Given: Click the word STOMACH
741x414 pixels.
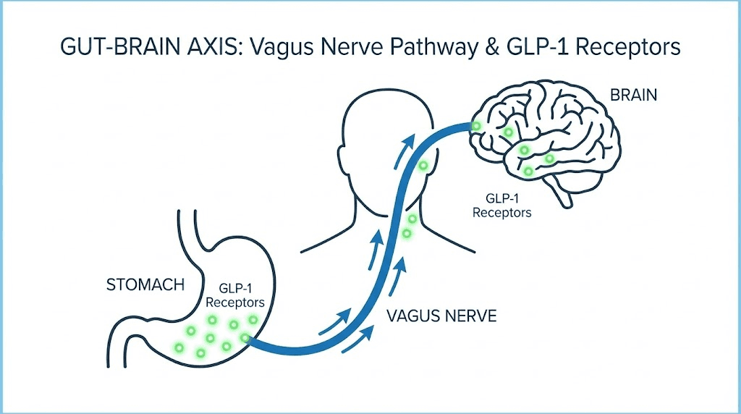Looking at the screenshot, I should point(145,284).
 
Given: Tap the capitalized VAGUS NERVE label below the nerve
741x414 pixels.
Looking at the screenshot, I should point(441,316).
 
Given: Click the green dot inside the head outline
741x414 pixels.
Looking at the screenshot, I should point(424,166).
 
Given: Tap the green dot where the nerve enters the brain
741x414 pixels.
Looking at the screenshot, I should point(476,127).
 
